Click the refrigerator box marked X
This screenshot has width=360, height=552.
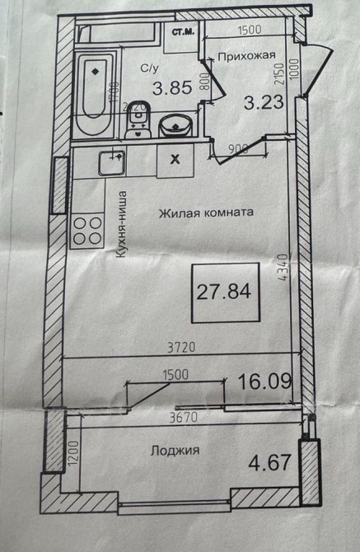174,160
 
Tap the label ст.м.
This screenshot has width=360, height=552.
183,34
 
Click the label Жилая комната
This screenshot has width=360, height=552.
206,212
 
